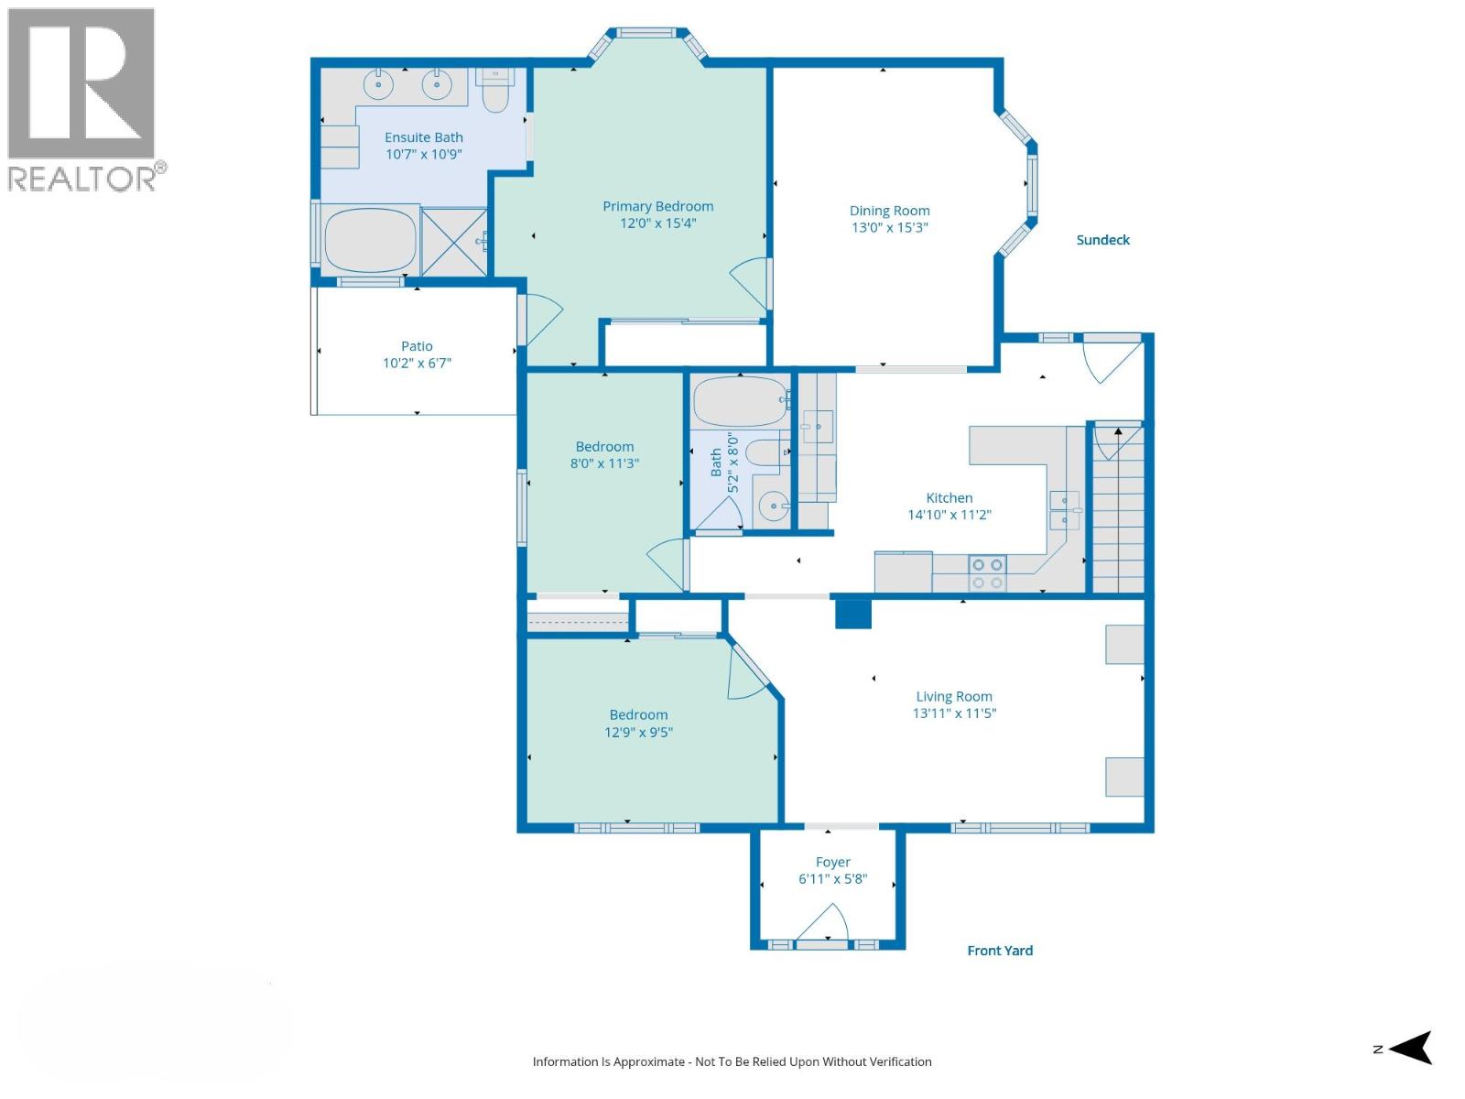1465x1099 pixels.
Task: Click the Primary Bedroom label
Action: coord(657,206)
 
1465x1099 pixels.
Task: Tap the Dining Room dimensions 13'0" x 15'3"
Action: coord(889,227)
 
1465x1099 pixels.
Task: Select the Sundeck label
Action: coord(1102,240)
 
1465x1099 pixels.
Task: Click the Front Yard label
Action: coord(1000,951)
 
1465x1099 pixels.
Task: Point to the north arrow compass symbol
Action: coord(1410,1048)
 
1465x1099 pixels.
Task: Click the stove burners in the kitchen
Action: coord(987,573)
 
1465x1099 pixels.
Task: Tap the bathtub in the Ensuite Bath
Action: coord(370,240)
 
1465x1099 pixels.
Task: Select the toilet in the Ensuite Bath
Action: coord(494,90)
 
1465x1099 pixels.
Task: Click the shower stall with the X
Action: coord(454,241)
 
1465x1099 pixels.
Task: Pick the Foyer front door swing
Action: coord(824,923)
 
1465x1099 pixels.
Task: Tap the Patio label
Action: coord(417,346)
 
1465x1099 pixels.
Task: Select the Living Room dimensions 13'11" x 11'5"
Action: coord(954,713)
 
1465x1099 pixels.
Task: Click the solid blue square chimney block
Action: coord(852,613)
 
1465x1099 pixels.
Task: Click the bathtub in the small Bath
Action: coord(740,401)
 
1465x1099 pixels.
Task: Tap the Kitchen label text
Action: coord(949,498)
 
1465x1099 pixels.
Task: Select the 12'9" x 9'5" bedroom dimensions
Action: coord(638,732)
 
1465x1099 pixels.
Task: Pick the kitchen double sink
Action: coord(1064,510)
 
